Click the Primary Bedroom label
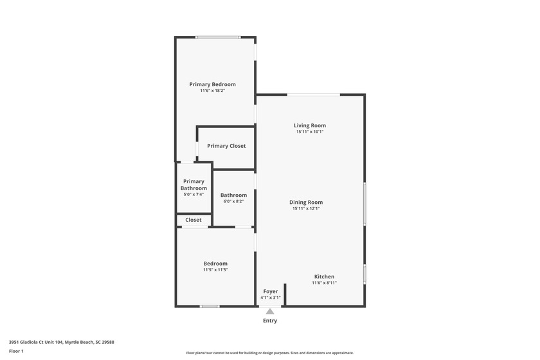(212, 84)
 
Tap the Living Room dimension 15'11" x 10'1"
(310, 132)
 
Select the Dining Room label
(306, 202)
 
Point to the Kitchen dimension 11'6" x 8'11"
(324, 283)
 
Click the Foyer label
(270, 291)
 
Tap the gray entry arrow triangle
(270, 312)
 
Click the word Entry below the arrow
(270, 321)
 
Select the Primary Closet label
(226, 146)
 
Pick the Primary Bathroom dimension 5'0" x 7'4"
(194, 194)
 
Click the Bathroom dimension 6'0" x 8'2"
(233, 201)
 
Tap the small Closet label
(194, 220)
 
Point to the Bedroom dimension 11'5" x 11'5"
(215, 270)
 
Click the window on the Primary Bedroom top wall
(219, 37)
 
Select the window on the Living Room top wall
(313, 95)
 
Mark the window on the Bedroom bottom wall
(210, 307)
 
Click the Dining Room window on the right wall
(364, 204)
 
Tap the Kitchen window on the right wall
(364, 274)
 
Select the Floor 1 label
(16, 351)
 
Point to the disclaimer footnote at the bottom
(270, 353)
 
